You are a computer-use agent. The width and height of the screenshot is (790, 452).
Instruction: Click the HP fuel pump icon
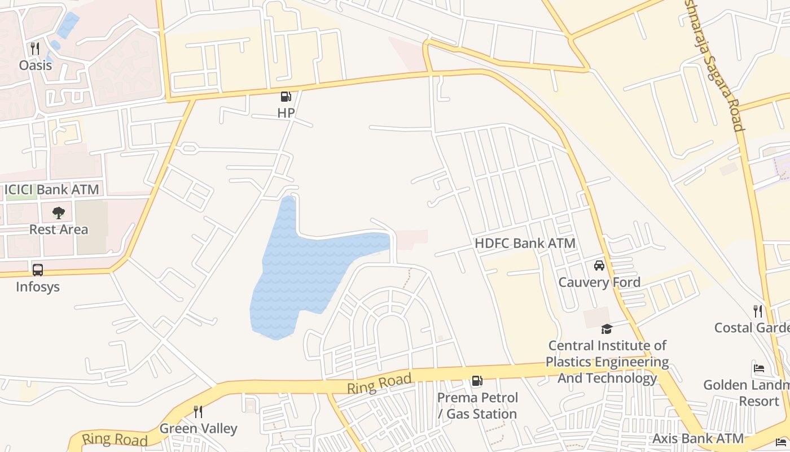pos(286,97)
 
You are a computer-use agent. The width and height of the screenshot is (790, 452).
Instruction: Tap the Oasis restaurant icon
pos(35,49)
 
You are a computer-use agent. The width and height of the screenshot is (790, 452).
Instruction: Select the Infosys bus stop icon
pos(38,270)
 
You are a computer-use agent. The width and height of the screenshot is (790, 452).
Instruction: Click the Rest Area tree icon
pos(59,213)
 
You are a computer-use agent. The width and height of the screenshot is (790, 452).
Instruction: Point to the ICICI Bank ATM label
pos(52,190)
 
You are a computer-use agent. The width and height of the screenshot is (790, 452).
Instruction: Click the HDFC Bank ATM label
pos(525,244)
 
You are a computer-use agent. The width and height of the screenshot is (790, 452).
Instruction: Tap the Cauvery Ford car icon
pos(599,266)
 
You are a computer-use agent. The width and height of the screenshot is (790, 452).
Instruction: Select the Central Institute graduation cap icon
pos(607,329)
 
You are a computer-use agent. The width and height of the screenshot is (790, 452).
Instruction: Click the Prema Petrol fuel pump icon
pos(477,381)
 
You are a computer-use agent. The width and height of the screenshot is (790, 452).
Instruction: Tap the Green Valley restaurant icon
pos(198,412)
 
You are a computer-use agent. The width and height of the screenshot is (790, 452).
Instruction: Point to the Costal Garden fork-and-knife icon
pos(758,311)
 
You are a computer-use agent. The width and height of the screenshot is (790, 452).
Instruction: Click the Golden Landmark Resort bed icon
pos(759,368)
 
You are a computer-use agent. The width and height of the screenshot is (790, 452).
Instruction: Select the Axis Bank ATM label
pos(698,438)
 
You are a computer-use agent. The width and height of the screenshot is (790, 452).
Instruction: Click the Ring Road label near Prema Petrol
pos(379,384)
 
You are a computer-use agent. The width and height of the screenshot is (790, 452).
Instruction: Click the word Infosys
pos(38,286)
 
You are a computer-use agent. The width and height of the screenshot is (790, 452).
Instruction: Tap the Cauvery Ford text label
pos(599,282)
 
